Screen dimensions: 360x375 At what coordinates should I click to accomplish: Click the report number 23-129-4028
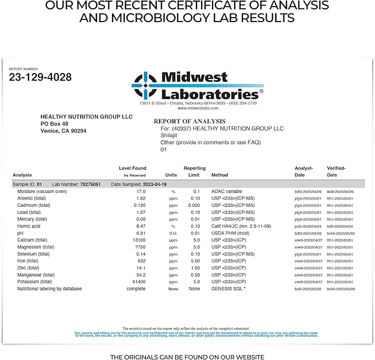pos(40,77)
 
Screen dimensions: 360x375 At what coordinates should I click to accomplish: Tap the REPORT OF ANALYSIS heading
pos(189,121)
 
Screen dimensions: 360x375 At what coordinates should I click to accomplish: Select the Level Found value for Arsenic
pos(141,198)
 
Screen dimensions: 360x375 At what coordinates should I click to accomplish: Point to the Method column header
pos(219,175)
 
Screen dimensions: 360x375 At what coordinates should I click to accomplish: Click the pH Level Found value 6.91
pos(141,233)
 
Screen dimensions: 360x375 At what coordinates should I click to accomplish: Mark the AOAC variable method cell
pos(226,191)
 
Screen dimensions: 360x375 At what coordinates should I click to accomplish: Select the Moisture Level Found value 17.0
pos(141,191)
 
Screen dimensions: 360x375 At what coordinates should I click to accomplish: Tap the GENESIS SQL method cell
pos(228,289)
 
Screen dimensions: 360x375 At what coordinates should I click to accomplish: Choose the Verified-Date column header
pos(336,171)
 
